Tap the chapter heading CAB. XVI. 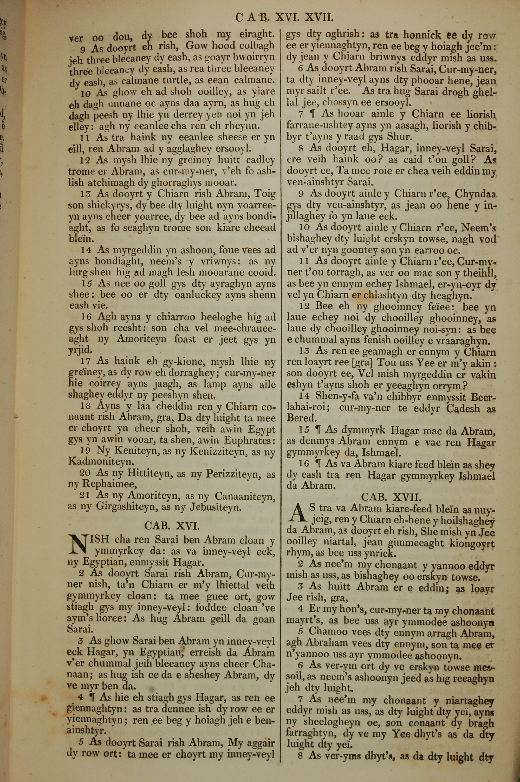pos(172,526)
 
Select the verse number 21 pos(85,495)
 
